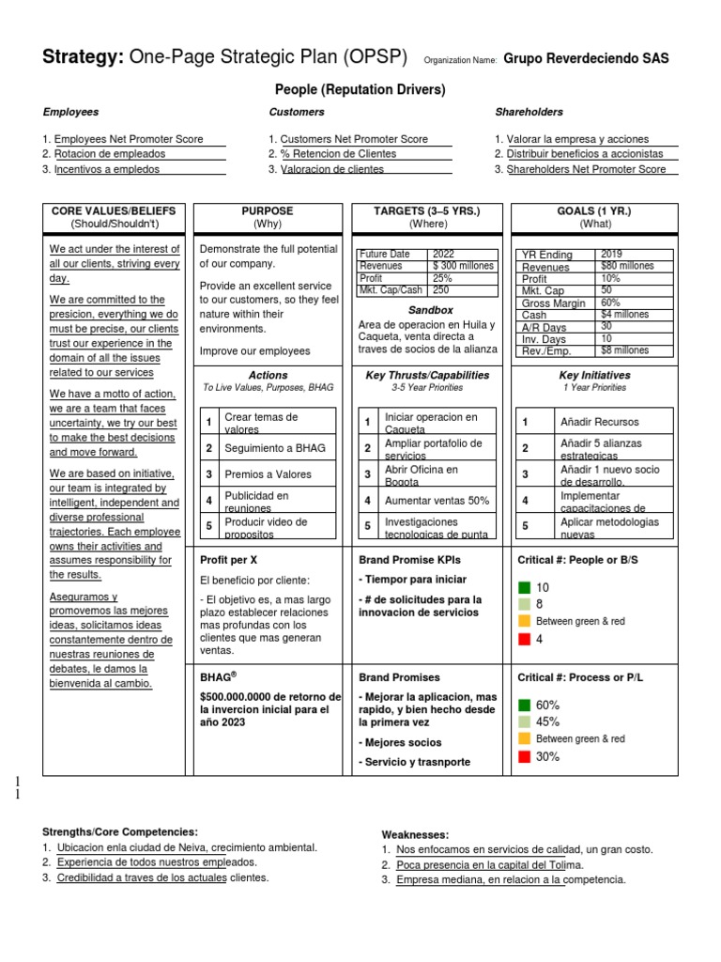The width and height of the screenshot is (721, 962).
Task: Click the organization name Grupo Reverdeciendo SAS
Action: pyautogui.click(x=587, y=58)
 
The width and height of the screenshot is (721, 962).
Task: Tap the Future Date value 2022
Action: pyautogui.click(x=443, y=255)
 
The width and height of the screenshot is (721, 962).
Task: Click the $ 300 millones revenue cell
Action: pyautogui.click(x=463, y=266)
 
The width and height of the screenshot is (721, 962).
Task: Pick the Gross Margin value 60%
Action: pyautogui.click(x=611, y=303)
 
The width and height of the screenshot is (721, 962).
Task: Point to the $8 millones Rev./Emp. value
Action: pyautogui.click(x=624, y=350)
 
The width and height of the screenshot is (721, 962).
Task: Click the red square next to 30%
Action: pyautogui.click(x=524, y=756)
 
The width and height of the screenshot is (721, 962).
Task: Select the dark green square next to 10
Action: pyautogui.click(x=524, y=587)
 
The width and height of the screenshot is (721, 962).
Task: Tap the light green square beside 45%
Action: pyautogui.click(x=524, y=721)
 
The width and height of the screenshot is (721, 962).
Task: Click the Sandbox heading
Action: pyautogui.click(x=430, y=310)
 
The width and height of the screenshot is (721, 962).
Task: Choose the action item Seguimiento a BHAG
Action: pyautogui.click(x=262, y=448)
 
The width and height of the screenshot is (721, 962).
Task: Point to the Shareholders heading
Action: pyautogui.click(x=529, y=112)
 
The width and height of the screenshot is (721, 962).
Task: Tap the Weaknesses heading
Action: pyautogui.click(x=415, y=834)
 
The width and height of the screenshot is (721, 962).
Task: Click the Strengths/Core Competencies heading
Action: pyautogui.click(x=119, y=831)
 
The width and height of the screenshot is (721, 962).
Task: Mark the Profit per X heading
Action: pyautogui.click(x=228, y=560)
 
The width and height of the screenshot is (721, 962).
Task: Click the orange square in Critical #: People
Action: pyautogui.click(x=524, y=622)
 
